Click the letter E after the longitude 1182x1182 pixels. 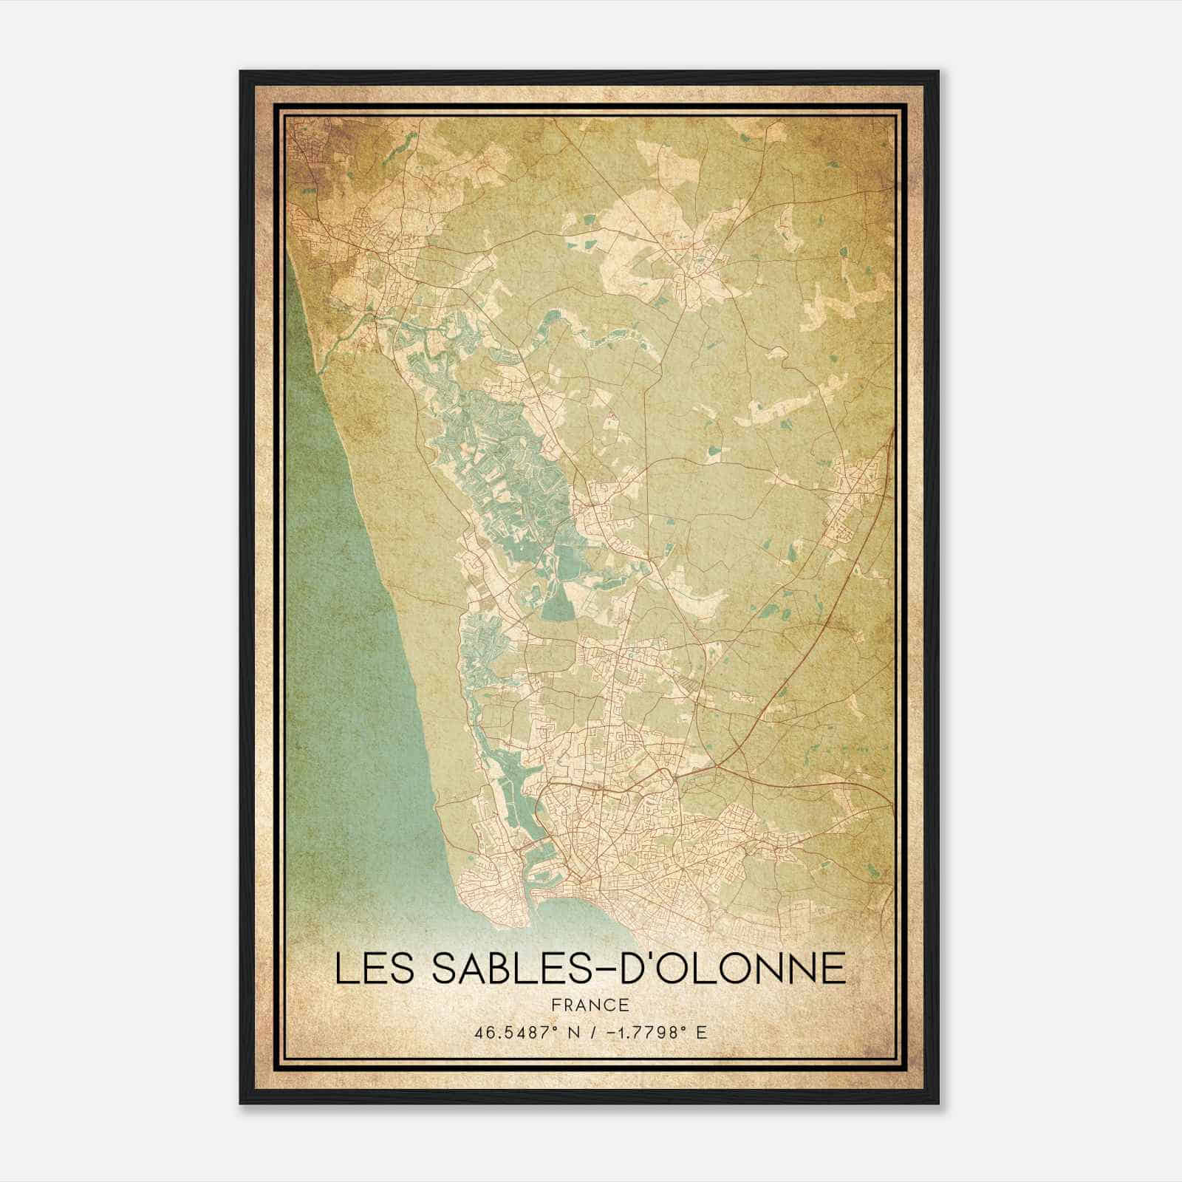(701, 1032)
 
